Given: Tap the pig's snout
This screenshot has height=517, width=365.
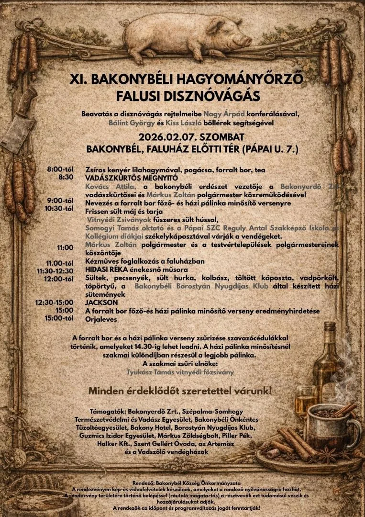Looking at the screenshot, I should tap(248, 41).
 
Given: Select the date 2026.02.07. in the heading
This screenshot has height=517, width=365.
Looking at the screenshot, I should tap(164, 137).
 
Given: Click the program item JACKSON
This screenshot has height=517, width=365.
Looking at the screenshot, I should tap(101, 303).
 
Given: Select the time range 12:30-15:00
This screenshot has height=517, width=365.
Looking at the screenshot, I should tap(54, 303).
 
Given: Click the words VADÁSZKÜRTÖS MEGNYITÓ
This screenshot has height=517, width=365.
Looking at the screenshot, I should tap(124, 177).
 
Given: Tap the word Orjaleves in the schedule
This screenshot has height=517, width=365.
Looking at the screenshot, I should tap(102, 318).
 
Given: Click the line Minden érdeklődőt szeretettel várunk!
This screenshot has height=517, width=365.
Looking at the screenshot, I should tap(180, 391).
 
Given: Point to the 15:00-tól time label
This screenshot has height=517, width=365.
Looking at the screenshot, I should tap(59, 318).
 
